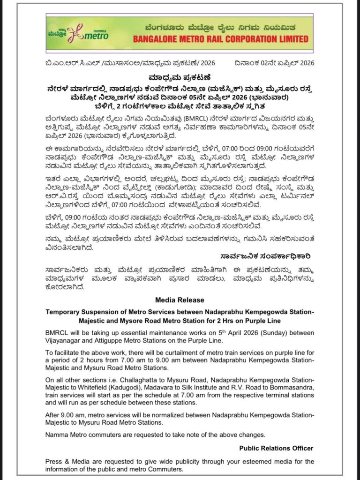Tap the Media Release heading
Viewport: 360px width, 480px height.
[180, 300]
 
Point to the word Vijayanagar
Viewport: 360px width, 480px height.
[63, 340]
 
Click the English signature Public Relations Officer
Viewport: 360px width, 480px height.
[276, 448]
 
